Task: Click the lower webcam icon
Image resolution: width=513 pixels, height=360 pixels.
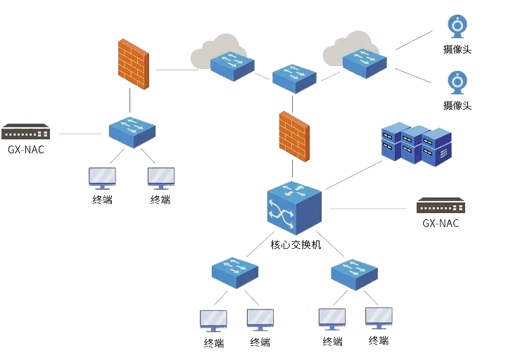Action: point(457,83)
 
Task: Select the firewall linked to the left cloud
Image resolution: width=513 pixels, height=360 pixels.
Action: point(133,63)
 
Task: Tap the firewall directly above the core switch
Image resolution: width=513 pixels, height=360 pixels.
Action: point(293,137)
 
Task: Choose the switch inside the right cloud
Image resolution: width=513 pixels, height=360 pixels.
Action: point(364,60)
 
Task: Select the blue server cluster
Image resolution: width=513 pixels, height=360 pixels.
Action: point(416,143)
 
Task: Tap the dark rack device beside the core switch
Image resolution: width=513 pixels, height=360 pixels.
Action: point(441,206)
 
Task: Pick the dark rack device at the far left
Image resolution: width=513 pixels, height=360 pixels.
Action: point(25,131)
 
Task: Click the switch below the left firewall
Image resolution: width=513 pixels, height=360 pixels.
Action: point(132,131)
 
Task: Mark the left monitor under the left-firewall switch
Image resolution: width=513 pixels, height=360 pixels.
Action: point(102,176)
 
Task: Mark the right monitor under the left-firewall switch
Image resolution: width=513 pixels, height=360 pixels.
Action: point(163,176)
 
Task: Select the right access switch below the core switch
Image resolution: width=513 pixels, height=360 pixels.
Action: point(354,274)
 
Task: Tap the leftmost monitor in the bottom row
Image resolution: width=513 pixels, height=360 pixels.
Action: point(213,321)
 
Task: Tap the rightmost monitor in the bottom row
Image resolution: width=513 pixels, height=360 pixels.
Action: point(379,318)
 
